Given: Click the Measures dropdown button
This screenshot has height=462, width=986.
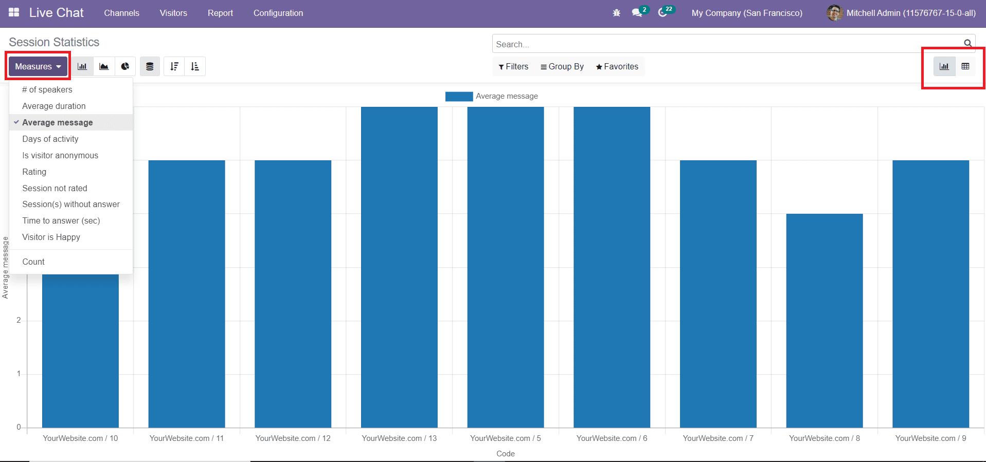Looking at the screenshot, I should [x=38, y=66].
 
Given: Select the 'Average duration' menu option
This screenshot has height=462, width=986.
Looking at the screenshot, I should [x=54, y=106].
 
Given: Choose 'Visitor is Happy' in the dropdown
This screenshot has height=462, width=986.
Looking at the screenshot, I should [x=51, y=237].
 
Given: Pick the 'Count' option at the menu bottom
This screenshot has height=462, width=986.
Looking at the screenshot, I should [x=33, y=262].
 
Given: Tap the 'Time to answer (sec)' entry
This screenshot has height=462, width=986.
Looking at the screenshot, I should [x=61, y=220].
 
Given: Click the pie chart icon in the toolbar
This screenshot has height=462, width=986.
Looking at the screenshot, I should [x=125, y=66].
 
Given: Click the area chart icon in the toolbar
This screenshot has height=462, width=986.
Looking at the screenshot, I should [x=104, y=66].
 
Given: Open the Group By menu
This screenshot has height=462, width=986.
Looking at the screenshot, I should [x=562, y=66].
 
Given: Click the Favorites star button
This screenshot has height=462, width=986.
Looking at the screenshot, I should [x=617, y=66].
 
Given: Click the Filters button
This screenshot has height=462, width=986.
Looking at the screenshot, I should [x=513, y=66].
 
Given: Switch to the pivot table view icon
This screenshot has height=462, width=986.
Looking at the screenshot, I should [x=965, y=66].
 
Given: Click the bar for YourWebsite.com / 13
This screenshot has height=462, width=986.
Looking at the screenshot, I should [x=399, y=267].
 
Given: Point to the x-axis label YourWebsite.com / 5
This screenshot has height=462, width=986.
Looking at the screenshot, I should [x=505, y=438].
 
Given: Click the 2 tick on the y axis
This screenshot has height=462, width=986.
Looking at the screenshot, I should [x=19, y=320].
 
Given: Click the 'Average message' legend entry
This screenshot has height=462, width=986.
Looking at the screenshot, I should [x=506, y=96].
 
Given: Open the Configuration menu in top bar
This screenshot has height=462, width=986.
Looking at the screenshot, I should [x=278, y=13].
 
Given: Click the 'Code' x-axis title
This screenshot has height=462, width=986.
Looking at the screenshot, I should [x=505, y=453].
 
